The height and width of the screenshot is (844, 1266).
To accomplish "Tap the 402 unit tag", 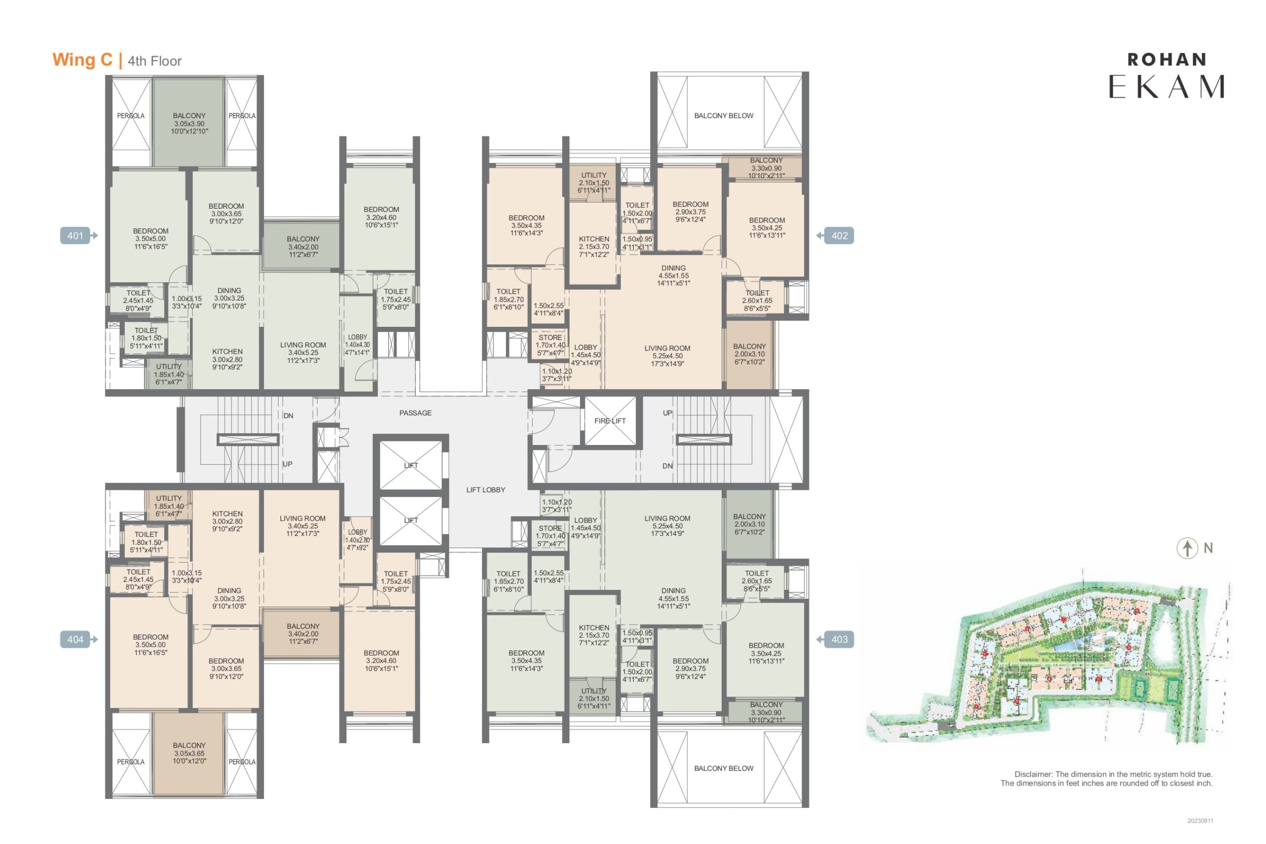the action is point(835,235).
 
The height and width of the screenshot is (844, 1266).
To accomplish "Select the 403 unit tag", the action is point(835,639).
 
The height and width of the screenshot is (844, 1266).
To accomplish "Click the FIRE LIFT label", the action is point(610,421).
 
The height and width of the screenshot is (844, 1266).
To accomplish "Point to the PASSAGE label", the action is point(415,413).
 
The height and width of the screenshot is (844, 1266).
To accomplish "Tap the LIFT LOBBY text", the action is point(486,490).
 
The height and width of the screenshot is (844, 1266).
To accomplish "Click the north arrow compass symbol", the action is point(1187,548).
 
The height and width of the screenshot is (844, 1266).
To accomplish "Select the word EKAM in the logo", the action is point(1167,87).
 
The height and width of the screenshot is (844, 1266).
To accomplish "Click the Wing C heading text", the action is point(83,60).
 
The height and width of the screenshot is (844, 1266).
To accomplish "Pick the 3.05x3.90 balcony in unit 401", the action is point(189,123).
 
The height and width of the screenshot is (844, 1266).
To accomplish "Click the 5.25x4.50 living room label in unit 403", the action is point(667,526).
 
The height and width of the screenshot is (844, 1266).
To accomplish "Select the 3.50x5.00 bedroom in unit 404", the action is point(150,645).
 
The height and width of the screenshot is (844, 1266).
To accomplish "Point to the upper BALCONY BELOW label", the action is point(723,116).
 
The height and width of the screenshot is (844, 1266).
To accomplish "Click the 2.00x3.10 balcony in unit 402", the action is point(749,354).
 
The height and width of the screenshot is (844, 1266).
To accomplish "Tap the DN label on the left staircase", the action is point(288,415).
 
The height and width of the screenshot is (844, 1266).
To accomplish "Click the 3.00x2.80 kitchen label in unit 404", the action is point(227,521).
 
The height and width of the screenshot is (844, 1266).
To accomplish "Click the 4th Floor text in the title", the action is point(154,61).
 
